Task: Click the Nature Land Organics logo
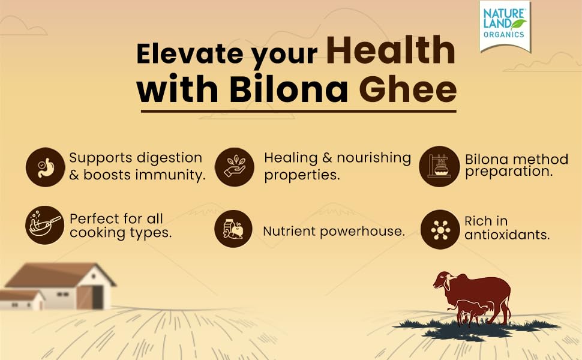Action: pyautogui.click(x=505, y=26)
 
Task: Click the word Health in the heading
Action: pyautogui.click(x=391, y=50)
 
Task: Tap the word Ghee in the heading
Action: pyautogui.click(x=407, y=89)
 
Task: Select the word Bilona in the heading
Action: pyautogui.click(x=289, y=89)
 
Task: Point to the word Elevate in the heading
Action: pyautogui.click(x=190, y=53)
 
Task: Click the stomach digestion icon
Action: pyautogui.click(x=45, y=167)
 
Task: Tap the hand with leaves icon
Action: pyautogui.click(x=235, y=167)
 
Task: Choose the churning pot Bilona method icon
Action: pyautogui.click(x=439, y=166)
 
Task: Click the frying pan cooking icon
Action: pyautogui.click(x=44, y=225)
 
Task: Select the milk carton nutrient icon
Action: pyautogui.click(x=233, y=229)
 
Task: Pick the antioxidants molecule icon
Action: pyautogui.click(x=440, y=229)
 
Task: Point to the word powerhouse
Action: pyautogui.click(x=362, y=232)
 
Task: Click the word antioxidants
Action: pyautogui.click(x=507, y=235)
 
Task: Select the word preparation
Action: pyautogui.click(x=509, y=172)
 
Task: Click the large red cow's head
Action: pyautogui.click(x=444, y=281)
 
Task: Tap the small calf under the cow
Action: pyautogui.click(x=470, y=311)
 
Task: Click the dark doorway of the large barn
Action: pyautogui.click(x=98, y=297)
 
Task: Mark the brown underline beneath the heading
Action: pyautogui.click(x=298, y=111)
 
